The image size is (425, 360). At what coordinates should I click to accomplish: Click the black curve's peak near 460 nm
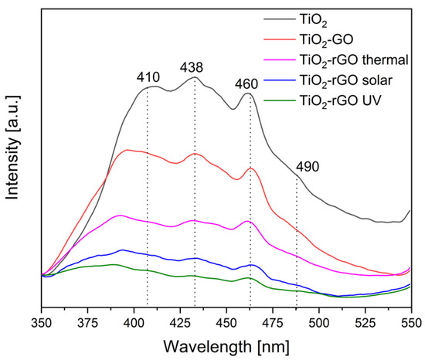click(248, 93)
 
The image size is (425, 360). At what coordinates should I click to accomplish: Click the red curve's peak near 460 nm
click(250, 168)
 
